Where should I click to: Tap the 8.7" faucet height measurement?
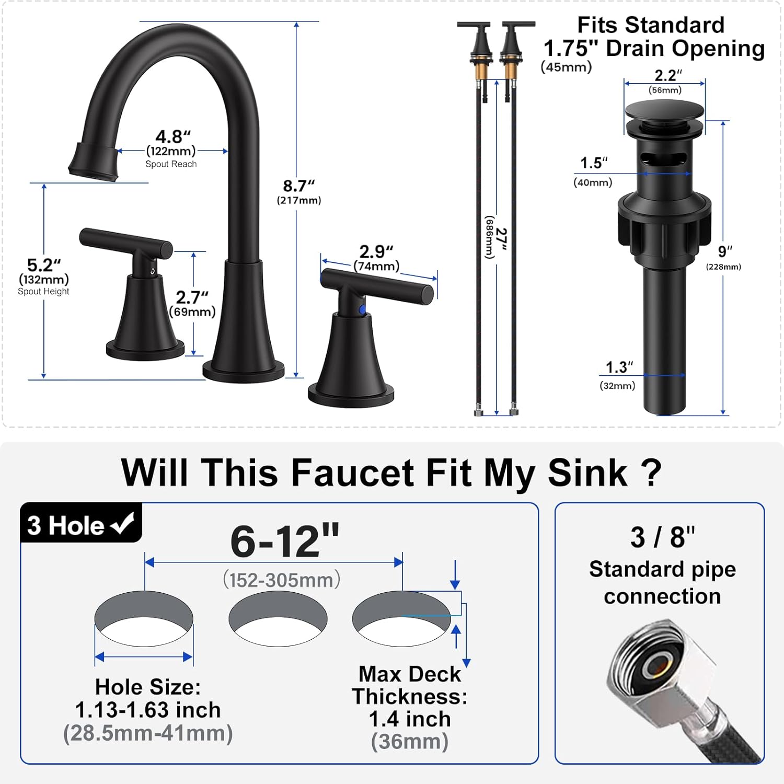point(298,186)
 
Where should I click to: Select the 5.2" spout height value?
point(44,265)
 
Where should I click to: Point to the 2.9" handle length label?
point(376,252)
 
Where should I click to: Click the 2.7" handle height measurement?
point(192,297)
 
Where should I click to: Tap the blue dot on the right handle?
point(362,310)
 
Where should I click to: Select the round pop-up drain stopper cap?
point(664,112)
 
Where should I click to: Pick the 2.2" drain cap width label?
point(667,76)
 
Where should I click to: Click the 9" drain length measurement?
point(724,252)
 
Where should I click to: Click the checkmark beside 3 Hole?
point(123,524)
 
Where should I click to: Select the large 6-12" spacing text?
point(285,541)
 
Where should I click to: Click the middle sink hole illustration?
point(278,619)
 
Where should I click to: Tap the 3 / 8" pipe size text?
point(662,537)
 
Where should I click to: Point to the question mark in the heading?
point(650,473)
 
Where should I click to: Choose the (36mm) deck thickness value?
point(410,742)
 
